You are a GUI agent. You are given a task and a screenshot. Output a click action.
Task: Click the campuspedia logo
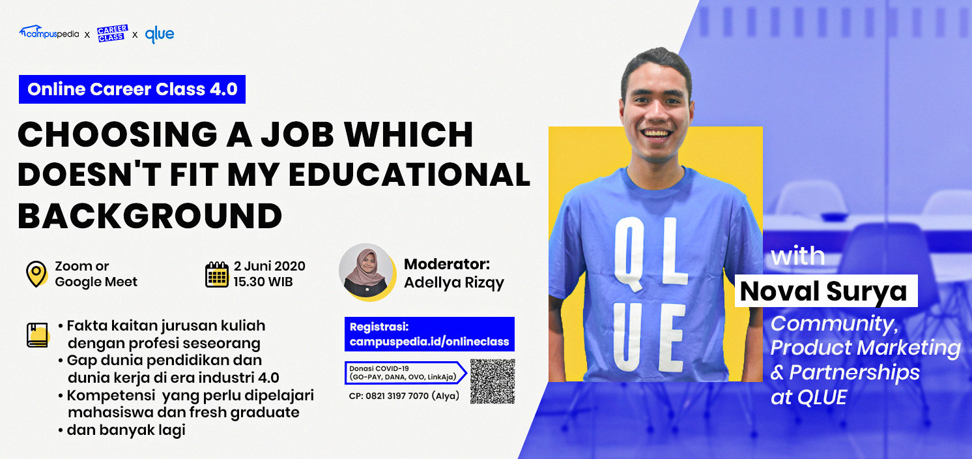click(x=49, y=33)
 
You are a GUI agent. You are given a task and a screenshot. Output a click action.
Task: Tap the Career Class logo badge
click(x=112, y=33)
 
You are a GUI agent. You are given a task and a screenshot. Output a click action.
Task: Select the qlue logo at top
click(x=159, y=35)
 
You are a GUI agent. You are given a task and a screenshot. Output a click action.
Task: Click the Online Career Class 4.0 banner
click(x=132, y=89)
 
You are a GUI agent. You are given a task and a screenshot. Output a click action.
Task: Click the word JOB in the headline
click(x=297, y=134)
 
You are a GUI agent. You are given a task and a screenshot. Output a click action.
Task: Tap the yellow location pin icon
click(x=36, y=274)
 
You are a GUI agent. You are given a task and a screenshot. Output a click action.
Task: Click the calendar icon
click(x=216, y=274)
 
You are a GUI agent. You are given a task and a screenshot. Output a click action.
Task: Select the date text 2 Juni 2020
click(x=270, y=266)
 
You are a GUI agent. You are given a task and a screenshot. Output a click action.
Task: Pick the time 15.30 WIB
click(x=263, y=282)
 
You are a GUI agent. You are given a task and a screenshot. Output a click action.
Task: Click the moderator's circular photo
click(x=367, y=272)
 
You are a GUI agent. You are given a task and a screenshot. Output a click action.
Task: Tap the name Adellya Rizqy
click(x=454, y=283)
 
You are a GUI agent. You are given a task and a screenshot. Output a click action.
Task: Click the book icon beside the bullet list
click(x=38, y=335)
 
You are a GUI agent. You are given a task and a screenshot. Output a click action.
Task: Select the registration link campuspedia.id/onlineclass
click(x=429, y=342)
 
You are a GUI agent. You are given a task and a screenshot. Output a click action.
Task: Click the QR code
click(x=493, y=381)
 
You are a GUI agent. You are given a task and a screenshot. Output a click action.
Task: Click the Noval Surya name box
click(x=826, y=291)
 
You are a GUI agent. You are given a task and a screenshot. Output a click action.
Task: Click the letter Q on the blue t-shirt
click(x=629, y=253)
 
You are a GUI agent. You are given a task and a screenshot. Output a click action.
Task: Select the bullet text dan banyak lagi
click(x=126, y=430)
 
